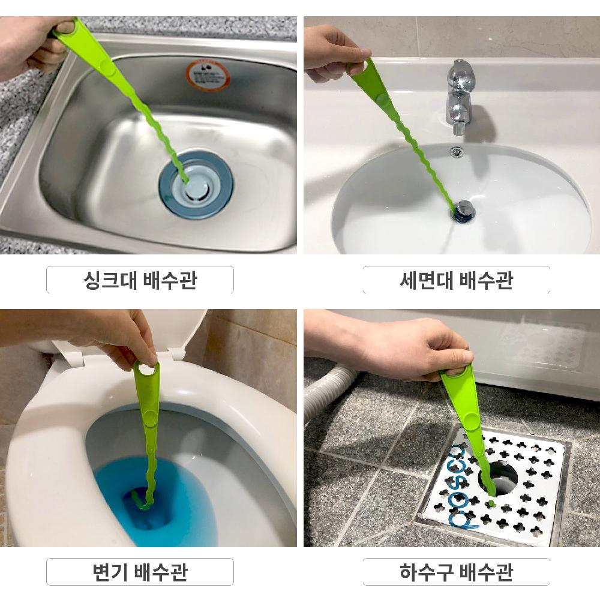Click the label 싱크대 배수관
click(x=140, y=280)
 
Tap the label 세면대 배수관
click(x=456, y=280)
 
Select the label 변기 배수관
click(x=140, y=572)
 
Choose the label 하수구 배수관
click(x=456, y=572)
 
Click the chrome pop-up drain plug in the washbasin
click(x=464, y=209)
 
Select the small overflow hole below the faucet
click(x=457, y=152)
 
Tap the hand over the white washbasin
click(x=333, y=54)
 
